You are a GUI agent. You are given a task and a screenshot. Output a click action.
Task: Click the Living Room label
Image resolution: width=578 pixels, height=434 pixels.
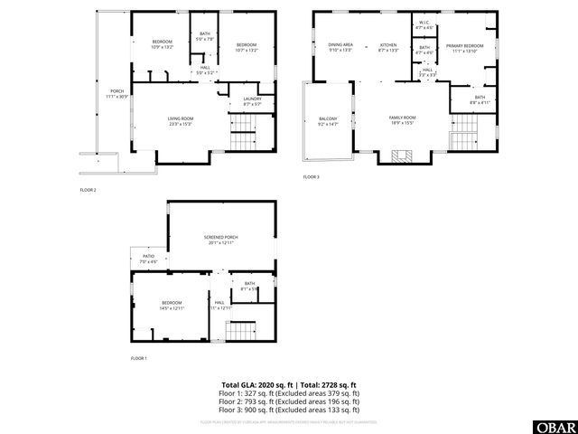pos(181,120)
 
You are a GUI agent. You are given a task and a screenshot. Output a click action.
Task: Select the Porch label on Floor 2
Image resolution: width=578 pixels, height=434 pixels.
pos(117,93)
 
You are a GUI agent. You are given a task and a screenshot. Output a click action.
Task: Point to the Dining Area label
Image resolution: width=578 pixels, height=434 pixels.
pos(340,46)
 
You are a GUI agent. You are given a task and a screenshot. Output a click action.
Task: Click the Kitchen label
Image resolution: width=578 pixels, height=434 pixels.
pos(388,46)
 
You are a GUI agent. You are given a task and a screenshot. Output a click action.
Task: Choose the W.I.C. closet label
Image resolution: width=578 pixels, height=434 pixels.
pos(424,25)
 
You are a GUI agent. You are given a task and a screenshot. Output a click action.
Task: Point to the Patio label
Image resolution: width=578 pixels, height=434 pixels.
pos(148,259)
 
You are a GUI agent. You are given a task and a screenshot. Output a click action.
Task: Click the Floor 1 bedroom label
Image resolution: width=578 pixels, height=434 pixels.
pos(172,305)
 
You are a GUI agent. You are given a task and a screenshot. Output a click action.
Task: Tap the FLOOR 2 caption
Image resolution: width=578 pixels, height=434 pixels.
pos(88,190)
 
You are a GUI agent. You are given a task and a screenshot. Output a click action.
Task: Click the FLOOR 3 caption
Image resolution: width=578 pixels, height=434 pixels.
pos(312,177)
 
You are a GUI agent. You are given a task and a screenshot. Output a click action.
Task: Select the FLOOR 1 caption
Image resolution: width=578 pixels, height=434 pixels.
pos(138,359)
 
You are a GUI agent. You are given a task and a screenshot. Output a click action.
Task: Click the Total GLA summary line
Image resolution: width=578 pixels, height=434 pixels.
pos(289,384)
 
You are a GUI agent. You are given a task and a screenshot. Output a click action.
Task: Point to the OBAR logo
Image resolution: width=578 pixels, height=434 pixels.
pos(557,426)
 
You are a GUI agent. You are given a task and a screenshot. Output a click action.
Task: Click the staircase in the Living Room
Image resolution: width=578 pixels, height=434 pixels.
pos(243,142)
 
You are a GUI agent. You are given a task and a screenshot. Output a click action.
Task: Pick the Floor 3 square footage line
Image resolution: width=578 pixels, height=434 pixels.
pos(289,412)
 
